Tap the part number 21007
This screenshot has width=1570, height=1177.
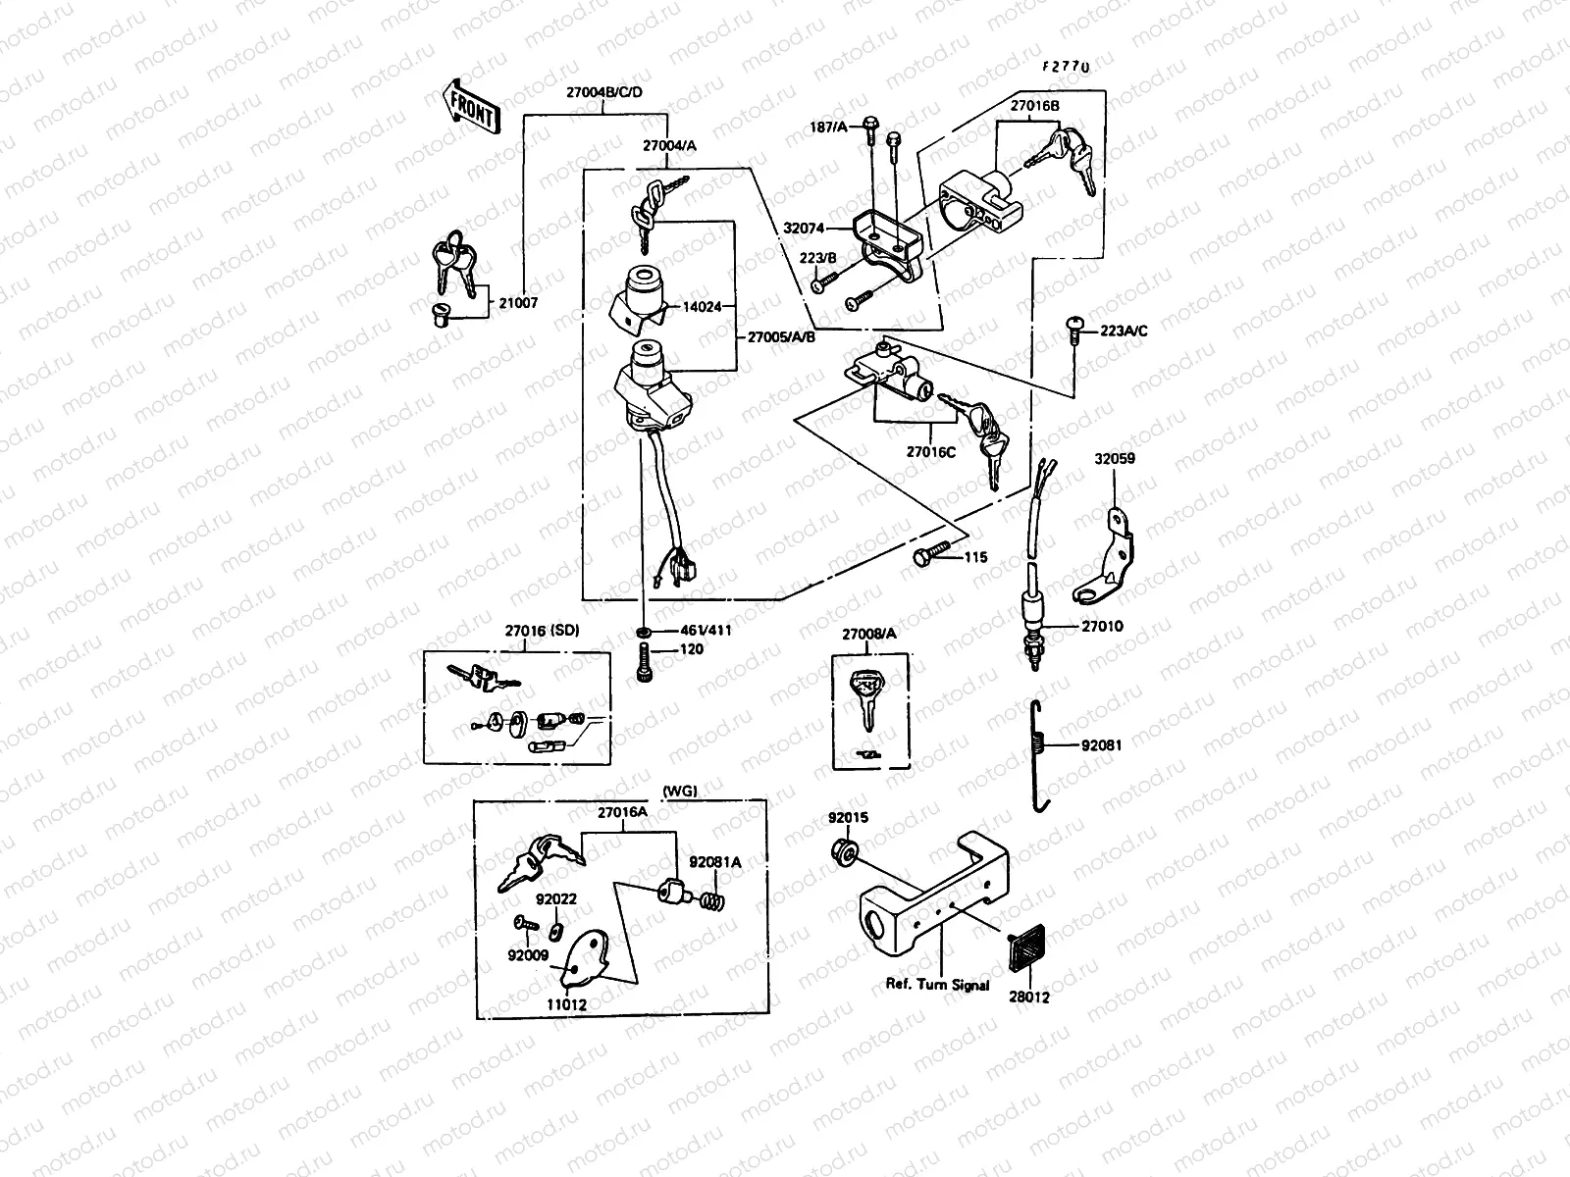point(519,304)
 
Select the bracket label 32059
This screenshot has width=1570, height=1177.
point(1115,458)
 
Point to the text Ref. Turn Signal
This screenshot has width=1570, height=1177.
point(937,984)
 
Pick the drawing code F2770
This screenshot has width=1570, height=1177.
point(1066,67)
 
